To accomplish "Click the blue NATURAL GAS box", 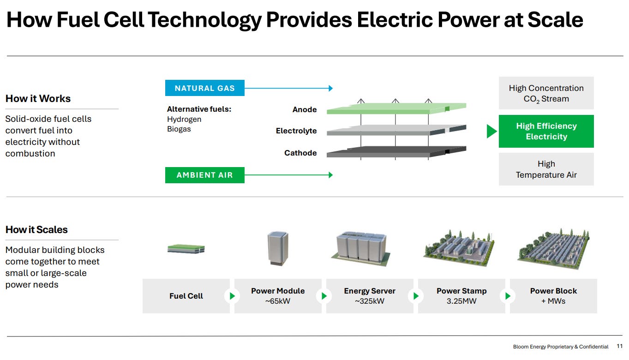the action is click(x=205, y=88).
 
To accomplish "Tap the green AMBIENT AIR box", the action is click(x=205, y=175).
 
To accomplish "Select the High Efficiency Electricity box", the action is click(x=546, y=131).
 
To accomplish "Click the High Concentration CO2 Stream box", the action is click(x=546, y=93).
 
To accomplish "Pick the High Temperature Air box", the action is click(x=546, y=169).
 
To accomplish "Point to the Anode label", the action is click(x=305, y=109).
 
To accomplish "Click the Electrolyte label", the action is click(x=296, y=131).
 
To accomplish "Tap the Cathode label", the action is click(x=300, y=153).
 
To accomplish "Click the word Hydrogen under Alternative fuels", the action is click(x=184, y=120).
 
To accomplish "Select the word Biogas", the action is click(x=179, y=129).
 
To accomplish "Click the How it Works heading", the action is click(x=38, y=99).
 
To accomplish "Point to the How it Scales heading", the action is click(x=36, y=230).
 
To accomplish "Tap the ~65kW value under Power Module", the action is click(x=278, y=301).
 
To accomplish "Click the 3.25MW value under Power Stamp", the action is click(x=461, y=301).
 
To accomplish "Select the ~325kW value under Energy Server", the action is click(x=370, y=301).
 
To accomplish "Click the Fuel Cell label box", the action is click(x=186, y=296).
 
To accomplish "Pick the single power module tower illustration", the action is click(x=278, y=248).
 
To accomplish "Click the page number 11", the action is click(x=619, y=346).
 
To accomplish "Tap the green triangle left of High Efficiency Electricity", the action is click(x=491, y=131).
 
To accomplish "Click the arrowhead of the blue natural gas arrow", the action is click(x=331, y=88).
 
